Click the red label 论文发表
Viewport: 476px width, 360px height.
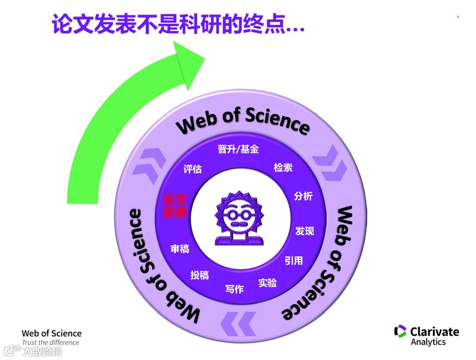pos(175,206)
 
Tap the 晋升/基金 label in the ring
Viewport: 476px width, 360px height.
pos(238,150)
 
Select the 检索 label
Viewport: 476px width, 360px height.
pos(283,168)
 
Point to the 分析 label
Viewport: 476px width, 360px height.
pos(303,196)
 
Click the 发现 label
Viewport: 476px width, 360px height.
pos(305,231)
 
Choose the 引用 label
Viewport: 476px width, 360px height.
pos(294,261)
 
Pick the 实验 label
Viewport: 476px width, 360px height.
pos(268,282)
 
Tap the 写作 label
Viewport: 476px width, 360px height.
pos(234,289)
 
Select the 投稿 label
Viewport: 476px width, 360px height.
pos(199,275)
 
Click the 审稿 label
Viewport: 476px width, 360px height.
pos(180,249)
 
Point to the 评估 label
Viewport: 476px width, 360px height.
pos(193,169)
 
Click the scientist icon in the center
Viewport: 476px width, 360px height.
pos(239,218)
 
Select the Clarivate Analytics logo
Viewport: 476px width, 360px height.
pos(426,336)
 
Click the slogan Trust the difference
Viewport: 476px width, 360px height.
pos(51,342)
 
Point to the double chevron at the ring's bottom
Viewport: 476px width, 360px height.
pos(238,323)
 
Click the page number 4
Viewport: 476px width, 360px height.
pos(457,17)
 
